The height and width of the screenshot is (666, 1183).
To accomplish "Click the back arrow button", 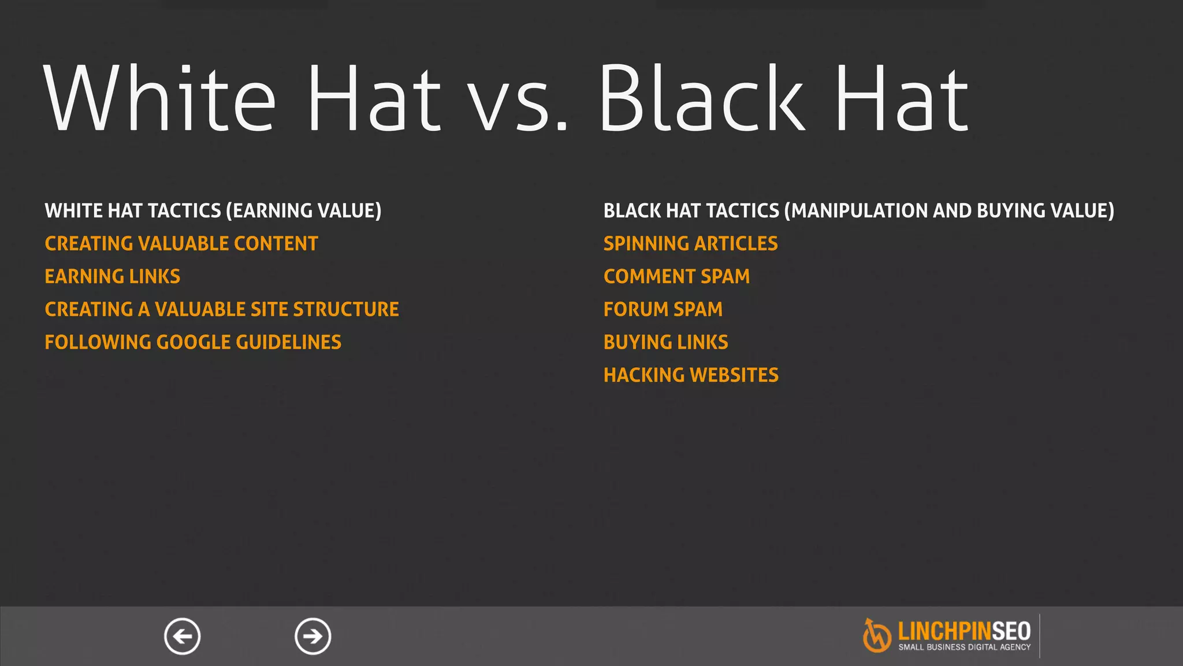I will (x=183, y=637).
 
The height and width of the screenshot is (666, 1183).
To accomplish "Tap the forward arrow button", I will (x=313, y=637).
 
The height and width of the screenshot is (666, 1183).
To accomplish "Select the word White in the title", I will (x=160, y=98).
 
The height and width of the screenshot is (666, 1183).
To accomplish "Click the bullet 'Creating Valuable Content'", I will (x=181, y=244).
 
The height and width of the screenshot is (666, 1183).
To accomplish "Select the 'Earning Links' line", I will (x=113, y=277).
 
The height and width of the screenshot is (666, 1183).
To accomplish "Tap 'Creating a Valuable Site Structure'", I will (x=222, y=310).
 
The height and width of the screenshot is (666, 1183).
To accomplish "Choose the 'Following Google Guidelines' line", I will (x=193, y=343).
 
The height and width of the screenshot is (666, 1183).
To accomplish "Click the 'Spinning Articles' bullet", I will (x=690, y=244).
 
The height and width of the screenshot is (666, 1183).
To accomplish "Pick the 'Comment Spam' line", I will (x=676, y=277).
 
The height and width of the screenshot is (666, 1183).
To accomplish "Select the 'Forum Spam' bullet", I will (x=663, y=310).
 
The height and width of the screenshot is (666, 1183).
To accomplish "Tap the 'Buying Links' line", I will (x=665, y=343).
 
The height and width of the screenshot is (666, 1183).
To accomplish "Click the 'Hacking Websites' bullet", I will (x=691, y=376).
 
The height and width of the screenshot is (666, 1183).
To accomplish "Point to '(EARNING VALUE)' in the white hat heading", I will (x=304, y=211).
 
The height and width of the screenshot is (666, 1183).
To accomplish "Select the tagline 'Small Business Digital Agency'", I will (x=964, y=647).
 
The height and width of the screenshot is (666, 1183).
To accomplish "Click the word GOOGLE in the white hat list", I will (x=194, y=343).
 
